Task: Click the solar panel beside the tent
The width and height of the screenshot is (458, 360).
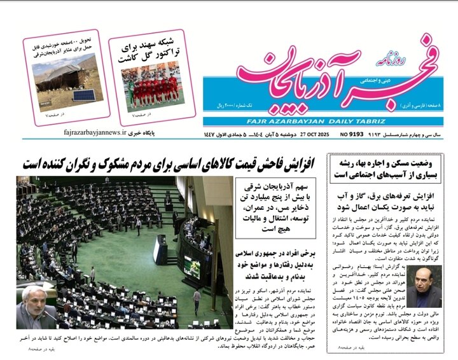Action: (x=83, y=95)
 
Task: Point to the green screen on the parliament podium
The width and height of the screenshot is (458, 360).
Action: (x=190, y=262)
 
